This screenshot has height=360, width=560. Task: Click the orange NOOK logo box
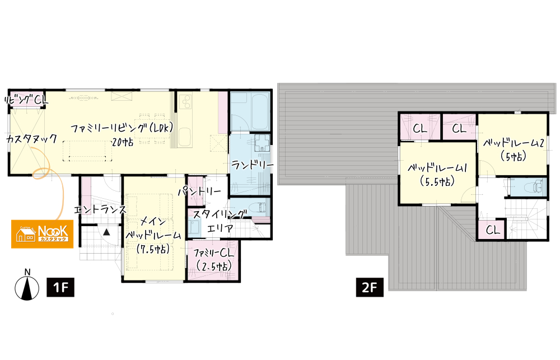[42, 234]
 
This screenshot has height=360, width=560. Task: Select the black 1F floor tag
[60, 287]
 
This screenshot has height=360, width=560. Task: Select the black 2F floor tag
[370, 287]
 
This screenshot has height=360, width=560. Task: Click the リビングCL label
[26, 100]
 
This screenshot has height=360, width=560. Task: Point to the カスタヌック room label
[32, 139]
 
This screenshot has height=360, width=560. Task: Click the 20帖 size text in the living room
[123, 142]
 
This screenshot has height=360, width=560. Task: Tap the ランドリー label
[252, 165]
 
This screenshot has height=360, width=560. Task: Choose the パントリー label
[200, 192]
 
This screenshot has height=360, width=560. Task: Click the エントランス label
[100, 209]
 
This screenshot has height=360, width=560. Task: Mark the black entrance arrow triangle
[106, 232]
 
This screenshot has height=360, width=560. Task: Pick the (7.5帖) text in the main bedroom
[153, 249]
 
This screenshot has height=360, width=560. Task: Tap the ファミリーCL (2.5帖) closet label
[213, 260]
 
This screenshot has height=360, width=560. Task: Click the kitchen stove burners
[186, 101]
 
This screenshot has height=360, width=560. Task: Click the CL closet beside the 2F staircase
[492, 230]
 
